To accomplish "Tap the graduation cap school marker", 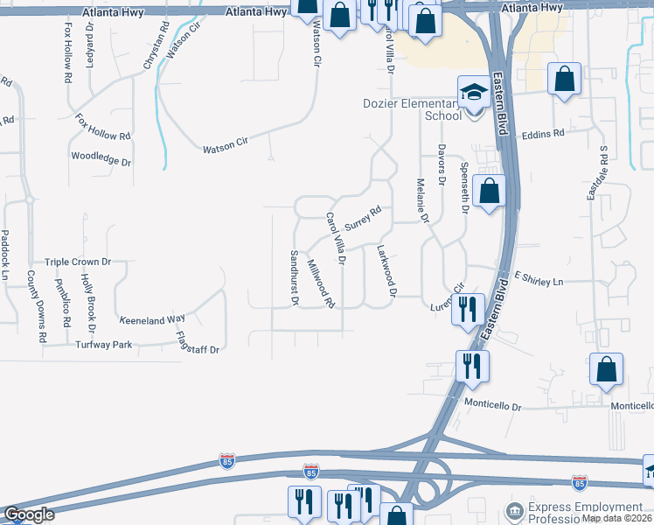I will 473,92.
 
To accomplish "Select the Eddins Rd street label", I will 543,134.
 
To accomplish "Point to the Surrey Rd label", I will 363,218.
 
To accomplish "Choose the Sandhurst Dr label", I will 295,277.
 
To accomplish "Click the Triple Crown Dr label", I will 79,262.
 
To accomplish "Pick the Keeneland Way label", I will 152,320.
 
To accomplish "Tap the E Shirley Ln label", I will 539,279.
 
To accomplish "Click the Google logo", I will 30,514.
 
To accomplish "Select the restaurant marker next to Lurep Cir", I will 468,310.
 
